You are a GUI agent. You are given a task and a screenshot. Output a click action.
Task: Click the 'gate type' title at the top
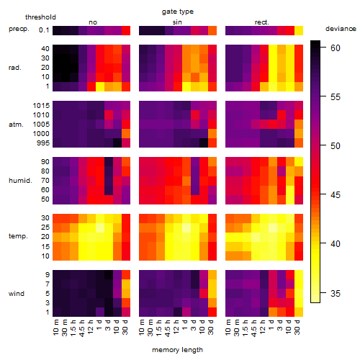178,12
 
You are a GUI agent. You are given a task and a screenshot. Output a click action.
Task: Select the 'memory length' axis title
177,350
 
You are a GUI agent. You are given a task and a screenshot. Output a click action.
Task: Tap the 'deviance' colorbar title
341,29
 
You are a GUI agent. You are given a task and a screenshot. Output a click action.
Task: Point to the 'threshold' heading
40,17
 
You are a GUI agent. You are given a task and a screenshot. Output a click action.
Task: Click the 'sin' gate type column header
177,22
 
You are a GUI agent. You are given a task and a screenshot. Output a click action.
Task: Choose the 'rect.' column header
262,22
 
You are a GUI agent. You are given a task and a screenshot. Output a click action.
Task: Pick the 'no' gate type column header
93,22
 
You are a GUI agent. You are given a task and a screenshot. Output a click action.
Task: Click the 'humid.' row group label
20,181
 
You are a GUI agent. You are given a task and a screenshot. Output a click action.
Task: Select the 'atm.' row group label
16,125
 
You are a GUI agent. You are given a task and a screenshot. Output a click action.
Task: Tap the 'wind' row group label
17,294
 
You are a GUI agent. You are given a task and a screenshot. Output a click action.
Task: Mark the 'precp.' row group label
19,29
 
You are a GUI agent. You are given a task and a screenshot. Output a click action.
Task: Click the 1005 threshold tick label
41,125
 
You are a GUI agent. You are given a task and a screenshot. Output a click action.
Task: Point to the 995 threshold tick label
43,143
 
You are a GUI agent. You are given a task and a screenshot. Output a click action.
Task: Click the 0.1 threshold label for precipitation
44,30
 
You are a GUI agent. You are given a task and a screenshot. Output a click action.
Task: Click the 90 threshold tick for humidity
45,162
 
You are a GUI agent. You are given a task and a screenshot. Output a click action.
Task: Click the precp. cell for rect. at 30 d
299,30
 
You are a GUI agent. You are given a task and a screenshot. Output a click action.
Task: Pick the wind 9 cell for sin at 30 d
212,275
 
